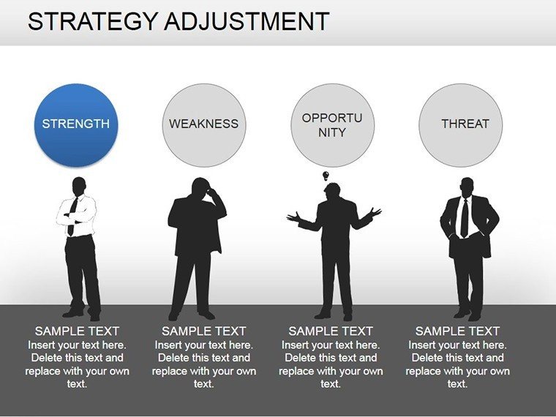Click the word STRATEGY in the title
92,22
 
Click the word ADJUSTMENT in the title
247,22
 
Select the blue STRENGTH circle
76,125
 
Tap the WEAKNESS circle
204,125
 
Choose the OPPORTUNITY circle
332,125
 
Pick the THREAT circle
460,125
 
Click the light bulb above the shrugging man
326,176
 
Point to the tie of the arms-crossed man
72,217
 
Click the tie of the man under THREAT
464,219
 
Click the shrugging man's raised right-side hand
375,213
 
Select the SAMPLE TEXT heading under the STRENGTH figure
77,331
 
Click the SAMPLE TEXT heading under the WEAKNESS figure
204,331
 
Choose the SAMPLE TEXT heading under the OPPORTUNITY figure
331,331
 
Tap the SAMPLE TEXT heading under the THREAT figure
457,331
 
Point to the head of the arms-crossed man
79,186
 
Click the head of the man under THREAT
467,187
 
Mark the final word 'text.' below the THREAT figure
457,383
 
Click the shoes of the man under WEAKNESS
192,315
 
